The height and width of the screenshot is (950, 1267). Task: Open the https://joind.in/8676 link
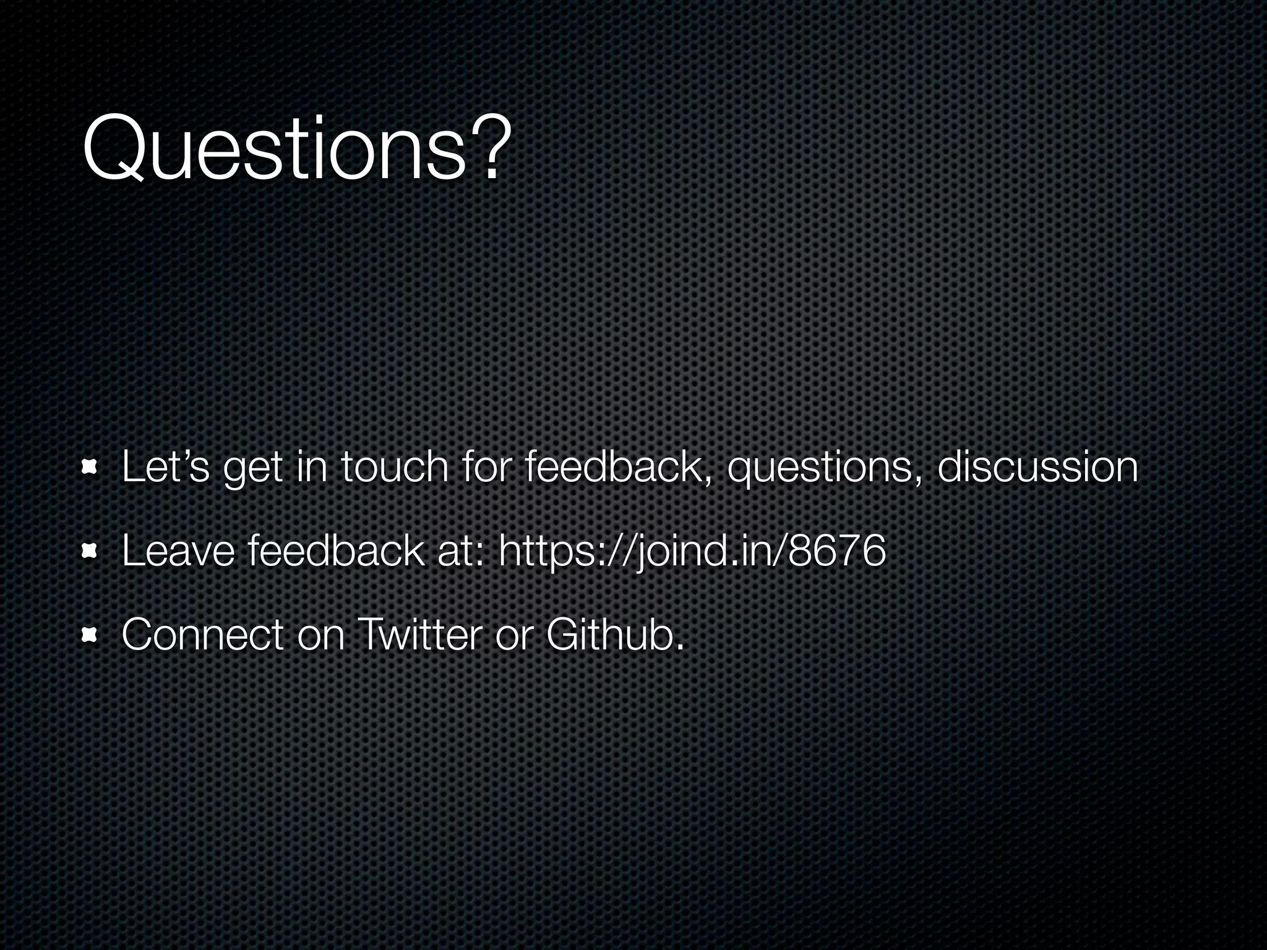[x=692, y=550]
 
